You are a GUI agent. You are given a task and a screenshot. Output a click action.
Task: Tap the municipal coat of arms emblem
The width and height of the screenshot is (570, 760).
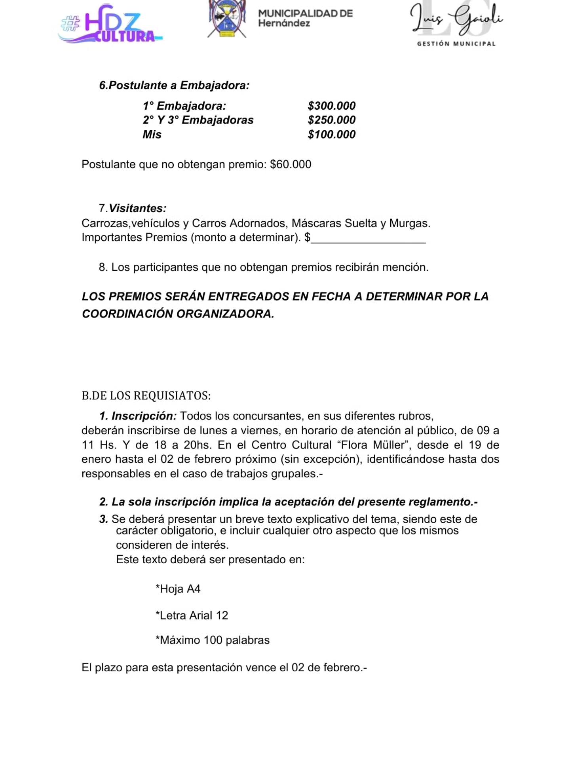pyautogui.click(x=227, y=19)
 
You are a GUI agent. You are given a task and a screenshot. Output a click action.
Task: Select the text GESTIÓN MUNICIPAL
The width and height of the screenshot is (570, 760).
pyautogui.click(x=456, y=44)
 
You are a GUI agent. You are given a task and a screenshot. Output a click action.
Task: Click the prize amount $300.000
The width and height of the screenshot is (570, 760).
pyautogui.click(x=331, y=106)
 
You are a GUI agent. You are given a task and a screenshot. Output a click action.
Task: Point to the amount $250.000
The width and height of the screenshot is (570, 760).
pyautogui.click(x=331, y=120)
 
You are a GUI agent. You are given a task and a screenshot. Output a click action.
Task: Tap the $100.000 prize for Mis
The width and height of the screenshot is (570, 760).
pyautogui.click(x=331, y=135)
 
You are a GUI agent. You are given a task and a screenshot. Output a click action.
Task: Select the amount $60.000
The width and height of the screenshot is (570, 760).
pyautogui.click(x=291, y=164)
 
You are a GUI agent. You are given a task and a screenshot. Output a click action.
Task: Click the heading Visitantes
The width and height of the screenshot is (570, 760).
pyautogui.click(x=137, y=208)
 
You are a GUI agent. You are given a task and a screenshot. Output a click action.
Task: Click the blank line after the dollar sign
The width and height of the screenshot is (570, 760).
pyautogui.click(x=368, y=239)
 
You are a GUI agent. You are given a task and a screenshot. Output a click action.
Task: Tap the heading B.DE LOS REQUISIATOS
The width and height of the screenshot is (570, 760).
pyautogui.click(x=146, y=395)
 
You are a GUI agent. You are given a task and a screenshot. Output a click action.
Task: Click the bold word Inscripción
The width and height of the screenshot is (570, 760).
pyautogui.click(x=144, y=416)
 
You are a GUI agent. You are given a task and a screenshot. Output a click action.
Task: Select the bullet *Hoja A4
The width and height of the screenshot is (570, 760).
pyautogui.click(x=178, y=589)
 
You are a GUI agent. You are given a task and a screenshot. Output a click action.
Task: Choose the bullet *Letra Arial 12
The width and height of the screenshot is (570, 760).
pyautogui.click(x=192, y=616)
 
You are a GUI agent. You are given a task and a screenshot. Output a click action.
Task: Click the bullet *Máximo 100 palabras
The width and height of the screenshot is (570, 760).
pyautogui.click(x=213, y=640)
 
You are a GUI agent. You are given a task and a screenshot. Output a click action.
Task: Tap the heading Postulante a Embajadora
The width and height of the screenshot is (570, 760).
pyautogui.click(x=174, y=85)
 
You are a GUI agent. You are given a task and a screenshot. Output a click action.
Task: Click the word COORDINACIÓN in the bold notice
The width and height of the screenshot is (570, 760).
pyautogui.click(x=127, y=314)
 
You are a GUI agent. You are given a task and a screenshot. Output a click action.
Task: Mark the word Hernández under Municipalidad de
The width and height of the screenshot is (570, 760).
pyautogui.click(x=284, y=23)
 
